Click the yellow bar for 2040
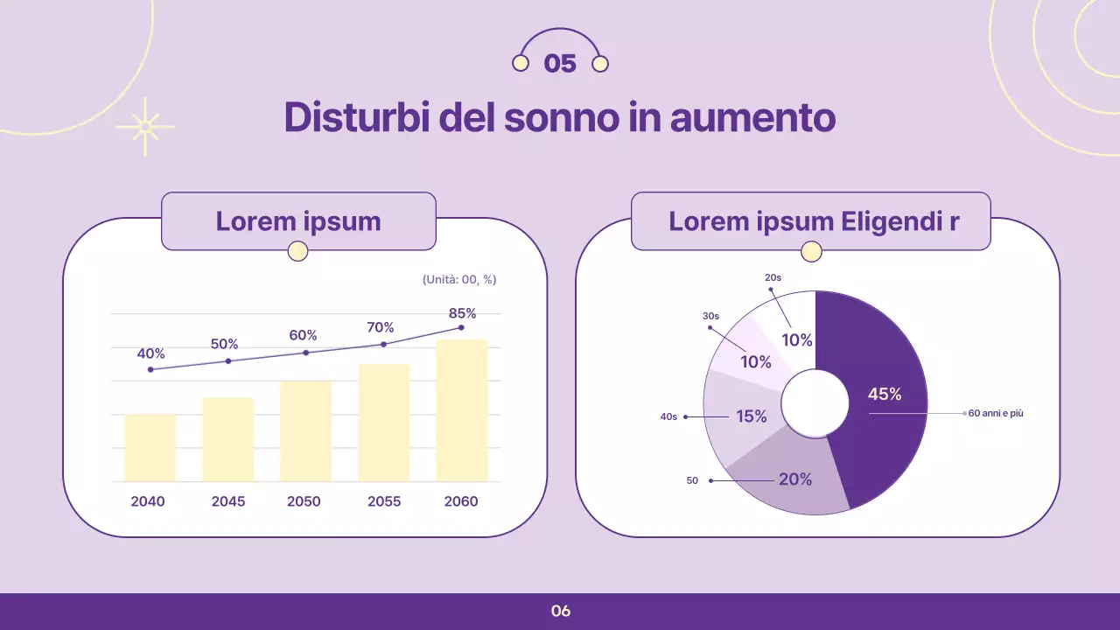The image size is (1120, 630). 150,447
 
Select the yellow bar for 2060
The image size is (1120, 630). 461,410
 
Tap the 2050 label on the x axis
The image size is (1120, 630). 304,501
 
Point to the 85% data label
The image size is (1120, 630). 462,313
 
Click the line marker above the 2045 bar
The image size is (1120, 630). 228,361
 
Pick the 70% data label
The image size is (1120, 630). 381,327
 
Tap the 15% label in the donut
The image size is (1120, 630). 751,416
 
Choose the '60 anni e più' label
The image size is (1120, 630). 996,413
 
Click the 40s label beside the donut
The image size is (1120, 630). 668,417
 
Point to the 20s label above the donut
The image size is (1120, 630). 773,277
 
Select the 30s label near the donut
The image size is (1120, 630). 710,316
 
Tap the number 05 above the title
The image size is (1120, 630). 560,64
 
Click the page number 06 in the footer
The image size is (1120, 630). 561,611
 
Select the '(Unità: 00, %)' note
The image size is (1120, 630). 459,279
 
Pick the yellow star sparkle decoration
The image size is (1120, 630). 144,127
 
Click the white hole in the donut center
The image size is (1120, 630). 815,403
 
